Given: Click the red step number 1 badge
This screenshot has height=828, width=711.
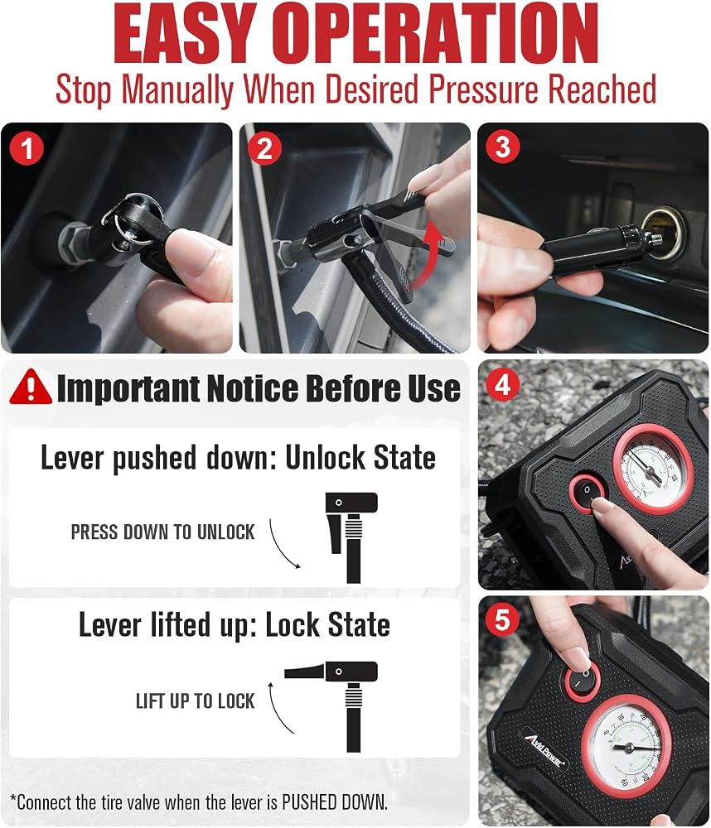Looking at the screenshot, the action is tap(27, 148).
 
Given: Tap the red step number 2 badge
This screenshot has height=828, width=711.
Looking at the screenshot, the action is tap(265, 148).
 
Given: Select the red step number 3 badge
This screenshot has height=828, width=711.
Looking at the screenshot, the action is tap(503, 147).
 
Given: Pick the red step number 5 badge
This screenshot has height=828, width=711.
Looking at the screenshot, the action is tap(503, 619).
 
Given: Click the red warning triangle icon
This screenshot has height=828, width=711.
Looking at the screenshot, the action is tap(31, 387).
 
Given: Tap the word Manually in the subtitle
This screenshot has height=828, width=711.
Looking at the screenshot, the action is tap(177, 89).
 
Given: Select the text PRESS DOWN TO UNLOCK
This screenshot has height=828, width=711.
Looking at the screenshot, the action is tap(162, 532).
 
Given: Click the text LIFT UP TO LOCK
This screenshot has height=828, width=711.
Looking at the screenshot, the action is tap(195, 701).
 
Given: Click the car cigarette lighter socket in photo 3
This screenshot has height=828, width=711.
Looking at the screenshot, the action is tap(662, 233).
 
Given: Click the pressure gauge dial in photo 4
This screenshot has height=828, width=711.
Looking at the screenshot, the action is tap(652, 469).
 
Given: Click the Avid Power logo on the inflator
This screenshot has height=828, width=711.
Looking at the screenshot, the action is tap(544, 748).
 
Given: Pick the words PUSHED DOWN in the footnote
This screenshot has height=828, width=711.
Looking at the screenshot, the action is tap(334, 802).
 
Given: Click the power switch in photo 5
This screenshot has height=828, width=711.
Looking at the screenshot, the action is tap(583, 680).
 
